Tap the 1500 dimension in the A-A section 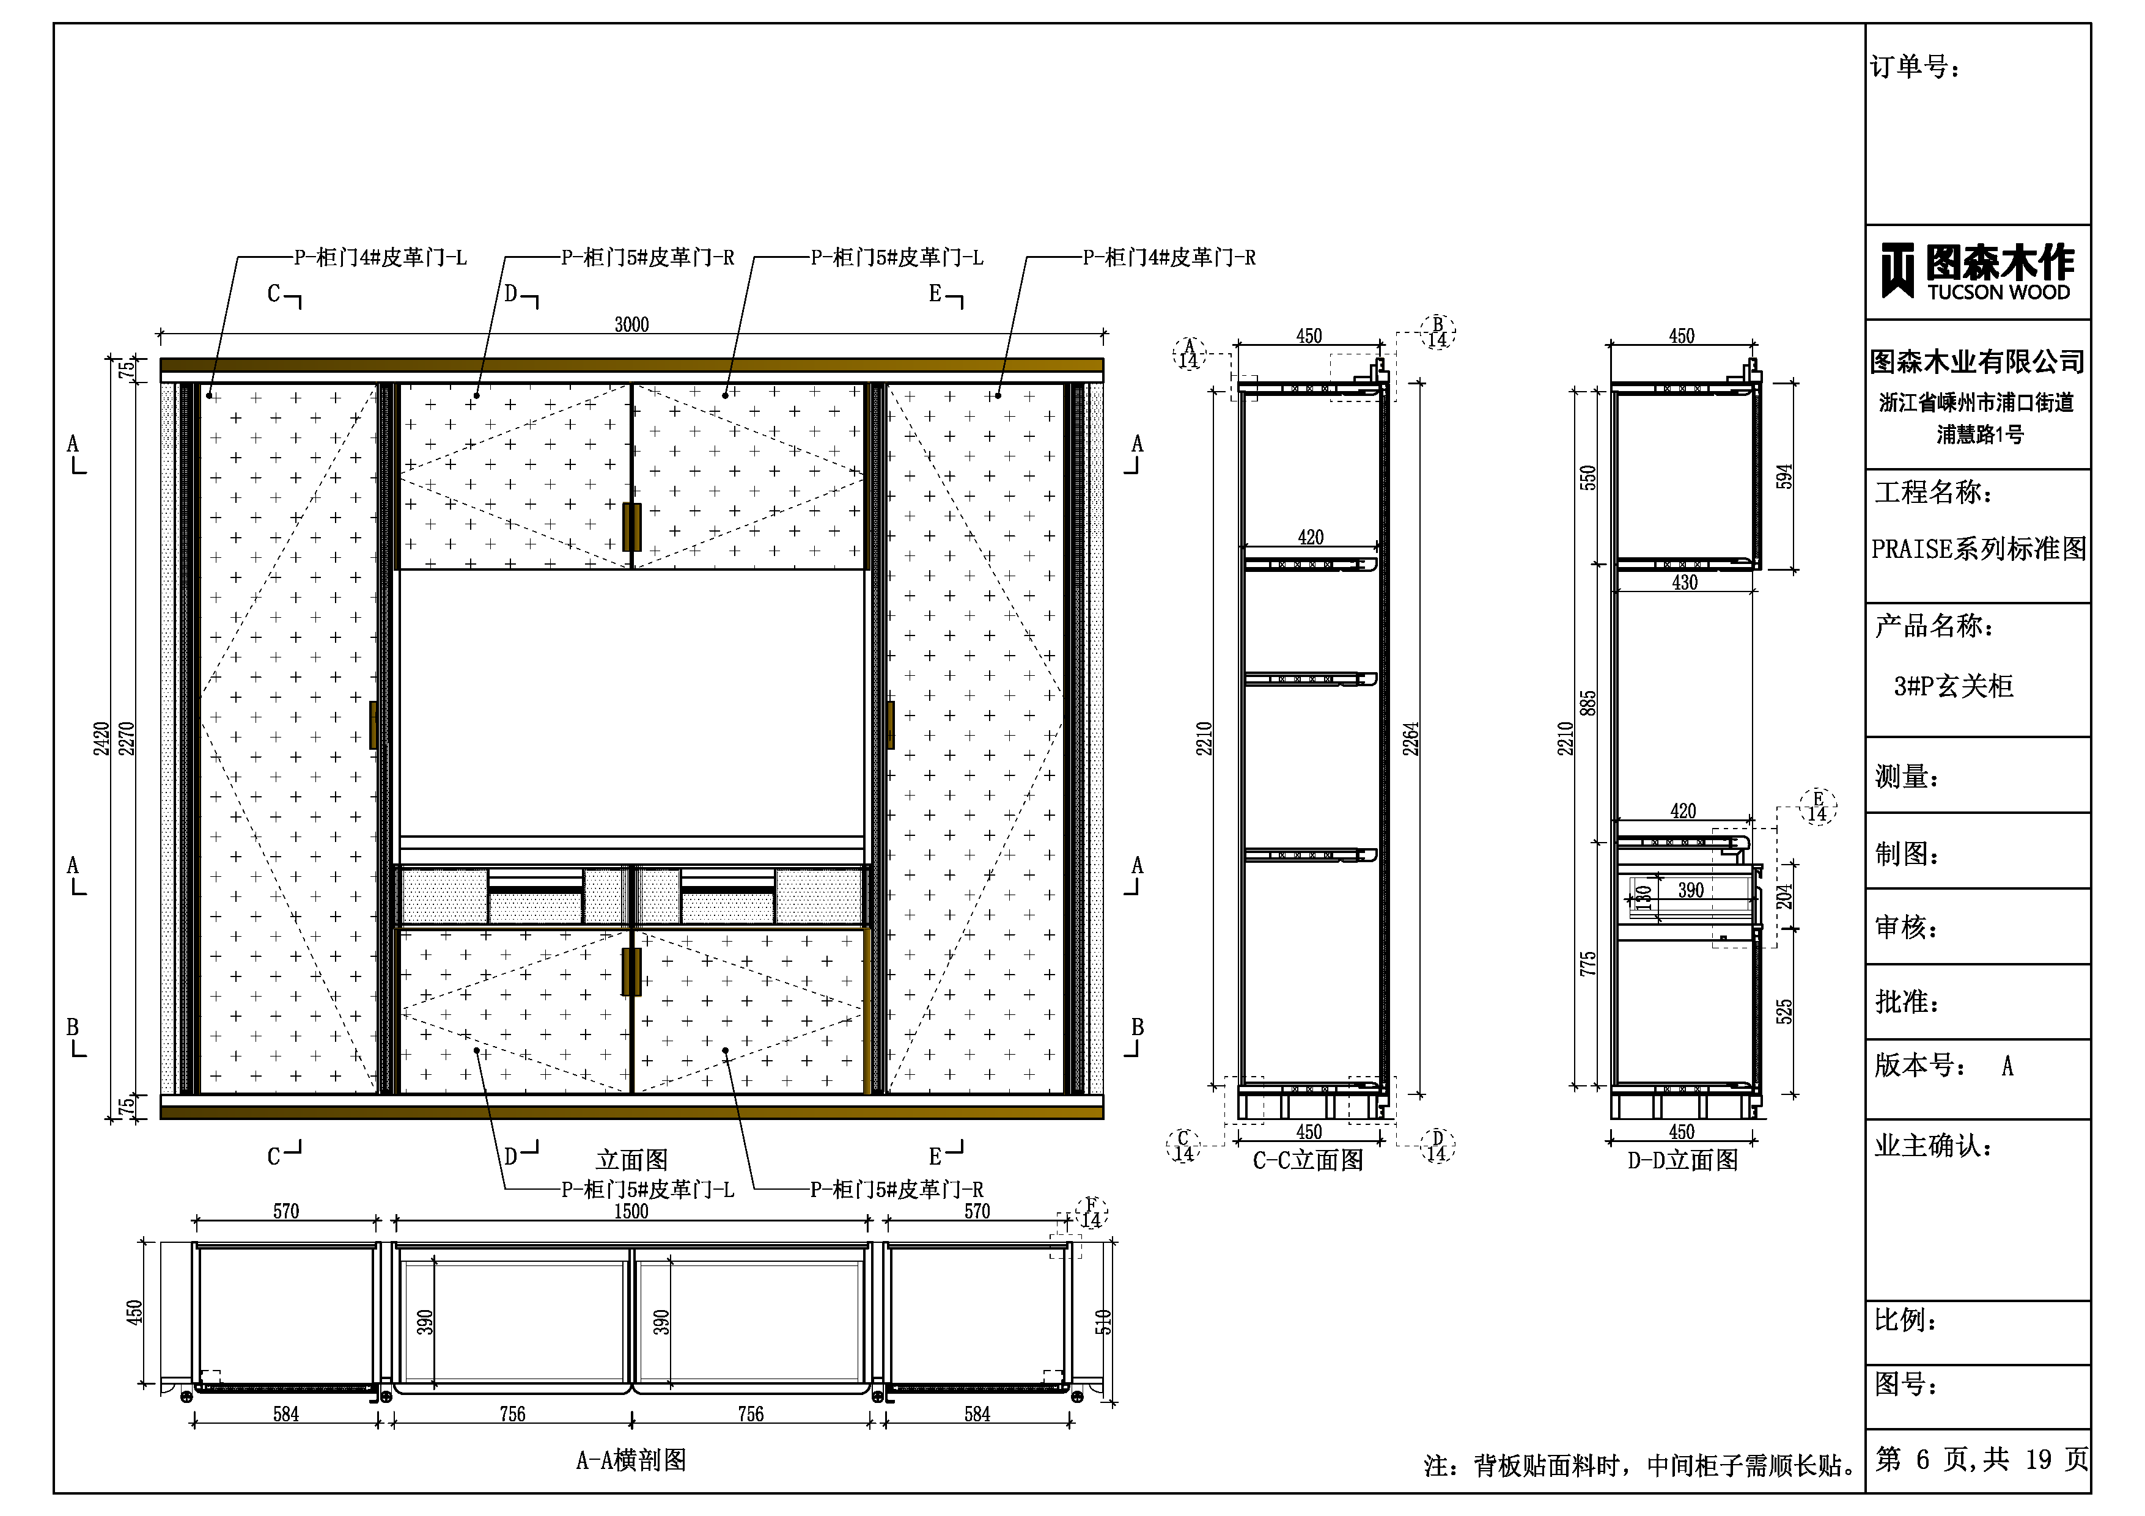point(631,1212)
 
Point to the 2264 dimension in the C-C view point(1411,738)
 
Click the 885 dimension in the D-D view point(1588,703)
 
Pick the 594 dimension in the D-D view point(1784,477)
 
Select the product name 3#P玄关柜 point(1954,687)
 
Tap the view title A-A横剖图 point(631,1460)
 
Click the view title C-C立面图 point(1308,1160)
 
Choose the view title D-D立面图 point(1682,1160)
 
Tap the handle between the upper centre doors point(631,528)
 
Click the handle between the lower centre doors point(631,972)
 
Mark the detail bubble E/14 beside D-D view point(1818,807)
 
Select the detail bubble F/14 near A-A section point(1091,1212)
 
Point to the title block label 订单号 point(1915,67)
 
